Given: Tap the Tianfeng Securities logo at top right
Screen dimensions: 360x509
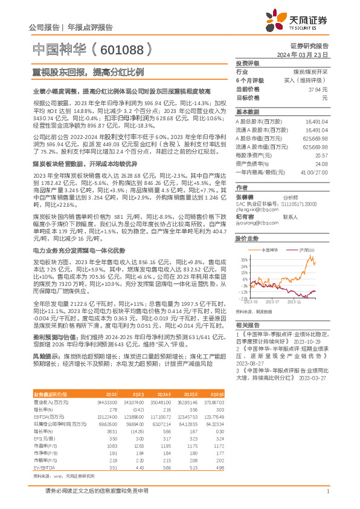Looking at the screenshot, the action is tap(304, 22).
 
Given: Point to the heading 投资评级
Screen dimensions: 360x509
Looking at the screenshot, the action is tap(247, 63).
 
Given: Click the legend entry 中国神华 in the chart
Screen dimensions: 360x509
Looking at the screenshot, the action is tap(270, 248).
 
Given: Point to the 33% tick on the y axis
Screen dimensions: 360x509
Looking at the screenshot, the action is tap(243, 259).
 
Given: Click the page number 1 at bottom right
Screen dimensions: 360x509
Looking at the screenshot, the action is tap(327, 491).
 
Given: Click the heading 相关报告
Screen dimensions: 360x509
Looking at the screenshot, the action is tap(248, 325).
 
